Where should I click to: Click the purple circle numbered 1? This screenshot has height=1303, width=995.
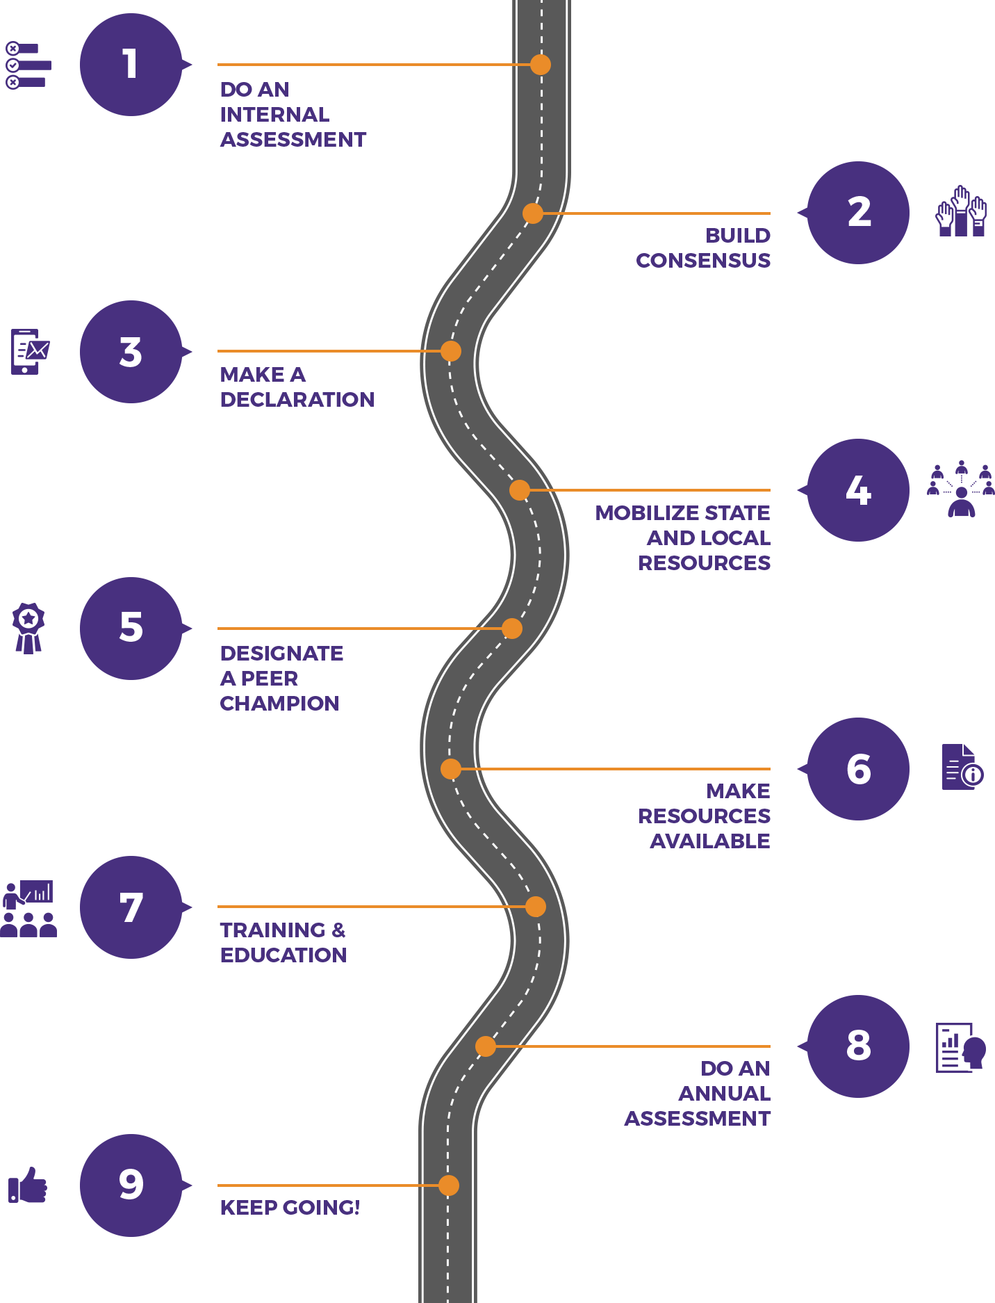coord(131,65)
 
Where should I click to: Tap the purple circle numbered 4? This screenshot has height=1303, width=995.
coord(858,490)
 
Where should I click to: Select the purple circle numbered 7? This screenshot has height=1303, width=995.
coord(131,907)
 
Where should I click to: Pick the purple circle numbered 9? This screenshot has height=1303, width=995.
coord(131,1185)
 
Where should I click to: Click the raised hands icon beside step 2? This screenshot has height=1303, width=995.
coord(961,211)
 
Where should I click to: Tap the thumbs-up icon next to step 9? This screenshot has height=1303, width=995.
coord(28,1185)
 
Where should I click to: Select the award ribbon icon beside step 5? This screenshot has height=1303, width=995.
coord(28,629)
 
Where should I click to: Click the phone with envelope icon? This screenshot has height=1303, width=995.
coord(30,351)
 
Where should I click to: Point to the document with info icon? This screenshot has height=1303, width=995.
coord(962,767)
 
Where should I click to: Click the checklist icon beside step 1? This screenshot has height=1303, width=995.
coord(28,65)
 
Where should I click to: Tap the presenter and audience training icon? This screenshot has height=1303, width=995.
coord(28,909)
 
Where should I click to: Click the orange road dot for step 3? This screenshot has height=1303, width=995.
coord(451,351)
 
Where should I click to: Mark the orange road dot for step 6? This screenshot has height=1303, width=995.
coord(451,769)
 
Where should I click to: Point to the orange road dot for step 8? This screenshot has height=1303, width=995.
coord(486,1046)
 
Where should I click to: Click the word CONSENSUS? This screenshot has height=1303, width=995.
coord(703,261)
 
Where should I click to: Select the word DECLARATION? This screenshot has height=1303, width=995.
coord(297,400)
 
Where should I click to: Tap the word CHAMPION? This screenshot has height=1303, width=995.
coord(279,704)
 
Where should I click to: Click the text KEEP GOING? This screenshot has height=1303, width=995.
coord(290,1208)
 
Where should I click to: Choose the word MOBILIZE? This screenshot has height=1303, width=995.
coord(639,513)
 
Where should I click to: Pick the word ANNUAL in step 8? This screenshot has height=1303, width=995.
coord(725,1094)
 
